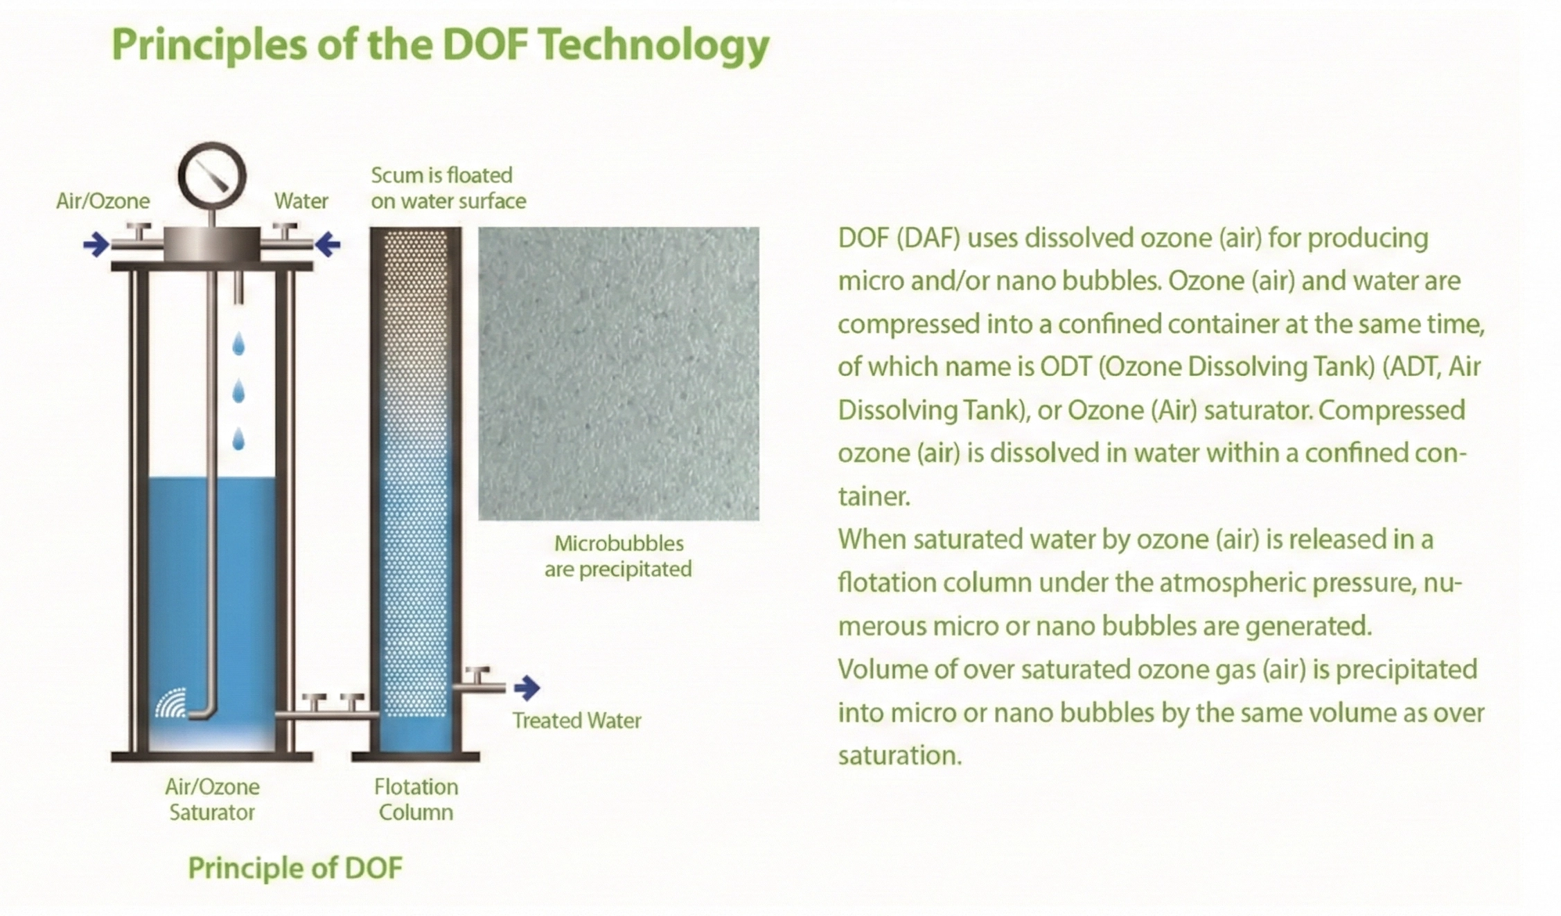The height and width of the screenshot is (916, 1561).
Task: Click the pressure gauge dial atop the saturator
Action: click(x=212, y=176)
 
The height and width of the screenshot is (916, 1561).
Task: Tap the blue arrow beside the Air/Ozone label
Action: click(x=96, y=244)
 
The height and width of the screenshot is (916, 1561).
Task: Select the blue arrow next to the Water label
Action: click(x=328, y=244)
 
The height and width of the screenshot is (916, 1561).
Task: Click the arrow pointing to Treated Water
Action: click(x=527, y=688)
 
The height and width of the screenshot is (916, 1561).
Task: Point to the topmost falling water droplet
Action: click(x=238, y=344)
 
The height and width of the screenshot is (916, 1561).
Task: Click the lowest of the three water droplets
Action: click(x=238, y=439)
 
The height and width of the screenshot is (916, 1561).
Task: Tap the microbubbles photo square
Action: click(x=619, y=373)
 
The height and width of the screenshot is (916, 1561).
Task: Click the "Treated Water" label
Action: click(x=576, y=721)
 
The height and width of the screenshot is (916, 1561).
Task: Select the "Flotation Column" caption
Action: click(x=416, y=800)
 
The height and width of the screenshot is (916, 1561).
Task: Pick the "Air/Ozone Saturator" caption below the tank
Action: click(x=212, y=800)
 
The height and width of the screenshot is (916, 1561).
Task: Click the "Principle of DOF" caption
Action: click(x=295, y=868)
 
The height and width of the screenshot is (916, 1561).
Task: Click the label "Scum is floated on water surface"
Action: click(x=448, y=188)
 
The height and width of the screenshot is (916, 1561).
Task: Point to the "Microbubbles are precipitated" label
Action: click(x=618, y=556)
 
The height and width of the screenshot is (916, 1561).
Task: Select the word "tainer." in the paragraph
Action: click(x=874, y=496)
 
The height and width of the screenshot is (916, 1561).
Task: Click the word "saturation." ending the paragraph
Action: click(x=900, y=755)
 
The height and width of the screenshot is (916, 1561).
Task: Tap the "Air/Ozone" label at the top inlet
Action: click(x=103, y=201)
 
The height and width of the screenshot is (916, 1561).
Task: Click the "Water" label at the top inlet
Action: click(x=301, y=201)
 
